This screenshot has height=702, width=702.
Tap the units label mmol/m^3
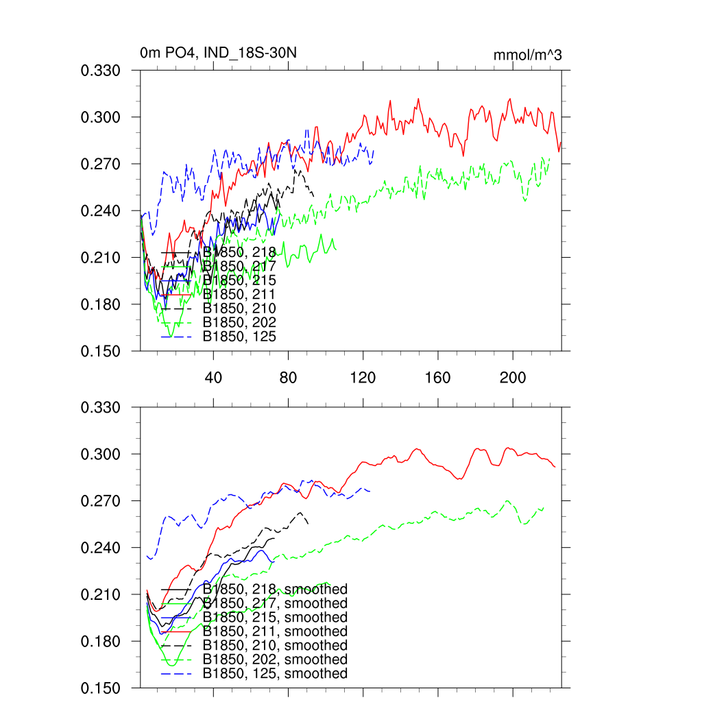527,56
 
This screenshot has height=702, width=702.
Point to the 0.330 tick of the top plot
101,71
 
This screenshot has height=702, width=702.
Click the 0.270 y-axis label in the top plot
101,165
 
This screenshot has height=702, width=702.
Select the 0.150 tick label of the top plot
101,352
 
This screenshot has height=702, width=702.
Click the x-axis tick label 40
213,378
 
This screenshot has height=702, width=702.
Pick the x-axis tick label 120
363,378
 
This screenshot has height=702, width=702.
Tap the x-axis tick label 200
512,378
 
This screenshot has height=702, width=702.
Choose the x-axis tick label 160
437,378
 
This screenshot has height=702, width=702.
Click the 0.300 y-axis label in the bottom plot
101,455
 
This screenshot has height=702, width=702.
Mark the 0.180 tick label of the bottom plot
101,642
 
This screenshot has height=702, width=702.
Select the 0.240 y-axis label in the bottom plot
101,548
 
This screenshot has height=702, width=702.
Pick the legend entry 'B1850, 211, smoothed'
275,631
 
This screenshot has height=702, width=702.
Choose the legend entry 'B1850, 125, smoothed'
275,674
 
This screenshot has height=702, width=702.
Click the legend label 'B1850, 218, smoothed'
275,590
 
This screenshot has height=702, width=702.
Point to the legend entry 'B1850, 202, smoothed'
275,659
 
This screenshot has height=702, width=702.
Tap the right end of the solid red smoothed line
555,467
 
